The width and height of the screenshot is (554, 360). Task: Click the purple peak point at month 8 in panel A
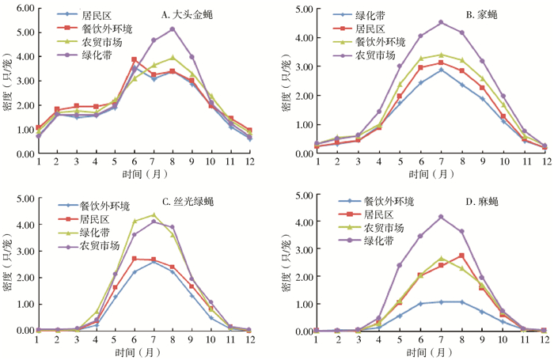pyautogui.click(x=173, y=29)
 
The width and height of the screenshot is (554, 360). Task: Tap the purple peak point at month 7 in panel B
pyautogui.click(x=442, y=22)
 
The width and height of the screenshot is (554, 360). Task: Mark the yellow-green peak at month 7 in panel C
pyautogui.click(x=154, y=215)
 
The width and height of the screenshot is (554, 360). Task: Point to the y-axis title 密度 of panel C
pyautogui.click(x=7, y=269)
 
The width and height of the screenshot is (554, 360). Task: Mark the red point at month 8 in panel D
pyautogui.click(x=461, y=256)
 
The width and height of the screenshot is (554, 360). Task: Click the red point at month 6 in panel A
pyautogui.click(x=135, y=59)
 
